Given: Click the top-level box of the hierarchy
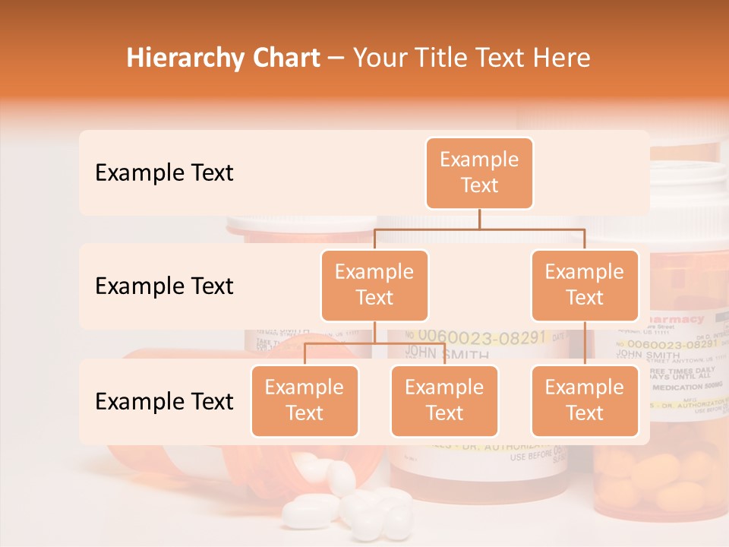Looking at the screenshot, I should click(479, 172).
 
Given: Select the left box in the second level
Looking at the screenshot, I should click(374, 285).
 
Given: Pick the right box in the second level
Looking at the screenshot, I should click(585, 285).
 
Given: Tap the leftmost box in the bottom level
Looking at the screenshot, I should click(305, 400).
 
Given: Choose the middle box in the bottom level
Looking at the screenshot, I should click(444, 400).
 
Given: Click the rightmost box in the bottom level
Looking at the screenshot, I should click(585, 400).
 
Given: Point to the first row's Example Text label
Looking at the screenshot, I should click(164, 172).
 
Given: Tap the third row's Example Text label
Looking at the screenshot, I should click(164, 401).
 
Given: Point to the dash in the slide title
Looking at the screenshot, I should click(336, 58).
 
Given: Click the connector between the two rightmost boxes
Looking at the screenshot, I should click(585, 343).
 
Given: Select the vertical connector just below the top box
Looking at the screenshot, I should click(479, 218).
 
